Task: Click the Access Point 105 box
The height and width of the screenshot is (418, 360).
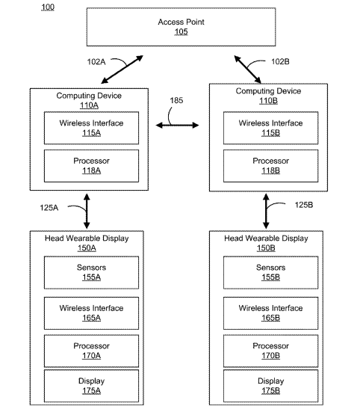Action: [181, 27]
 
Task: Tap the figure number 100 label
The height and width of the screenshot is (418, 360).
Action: [48, 7]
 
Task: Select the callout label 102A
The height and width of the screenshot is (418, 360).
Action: [96, 62]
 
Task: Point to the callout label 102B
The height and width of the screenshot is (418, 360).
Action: [280, 61]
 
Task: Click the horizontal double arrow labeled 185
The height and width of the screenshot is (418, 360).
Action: [177, 125]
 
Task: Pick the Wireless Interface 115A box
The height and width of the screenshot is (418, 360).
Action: [91, 128]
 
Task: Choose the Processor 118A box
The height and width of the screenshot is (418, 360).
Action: [91, 166]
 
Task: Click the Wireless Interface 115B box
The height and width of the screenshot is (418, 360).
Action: [271, 128]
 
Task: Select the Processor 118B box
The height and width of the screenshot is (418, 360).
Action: [271, 166]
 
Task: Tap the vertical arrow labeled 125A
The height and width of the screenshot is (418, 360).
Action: [87, 211]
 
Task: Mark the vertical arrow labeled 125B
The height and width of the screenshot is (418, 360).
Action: [266, 211]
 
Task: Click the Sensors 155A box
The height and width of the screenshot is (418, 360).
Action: [91, 272]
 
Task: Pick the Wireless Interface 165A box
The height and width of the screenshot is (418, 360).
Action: [91, 313]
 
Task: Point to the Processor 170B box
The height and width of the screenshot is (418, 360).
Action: [271, 351]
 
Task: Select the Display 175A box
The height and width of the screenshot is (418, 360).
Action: [91, 386]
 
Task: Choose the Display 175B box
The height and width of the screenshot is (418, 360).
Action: [271, 386]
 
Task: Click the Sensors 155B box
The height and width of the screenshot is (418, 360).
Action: [271, 272]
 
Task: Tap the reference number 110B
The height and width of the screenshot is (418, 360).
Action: [268, 101]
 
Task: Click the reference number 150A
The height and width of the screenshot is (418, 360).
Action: [87, 248]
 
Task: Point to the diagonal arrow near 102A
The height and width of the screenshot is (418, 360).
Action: [122, 70]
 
